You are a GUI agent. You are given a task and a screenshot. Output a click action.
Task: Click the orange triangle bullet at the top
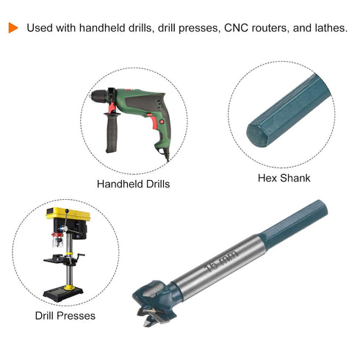coord(13,28)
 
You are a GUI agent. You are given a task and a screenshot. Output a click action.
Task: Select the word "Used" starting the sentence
coord(40,28)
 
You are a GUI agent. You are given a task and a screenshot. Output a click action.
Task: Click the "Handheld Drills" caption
coord(133,184)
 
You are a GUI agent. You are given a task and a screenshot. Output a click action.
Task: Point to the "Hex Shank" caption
coord(284,178)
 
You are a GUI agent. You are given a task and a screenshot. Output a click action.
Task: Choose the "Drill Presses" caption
coord(65,316)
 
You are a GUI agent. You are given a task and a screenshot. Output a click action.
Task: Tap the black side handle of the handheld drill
coord(112,133)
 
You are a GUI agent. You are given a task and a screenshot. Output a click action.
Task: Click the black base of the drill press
coord(63,293)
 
